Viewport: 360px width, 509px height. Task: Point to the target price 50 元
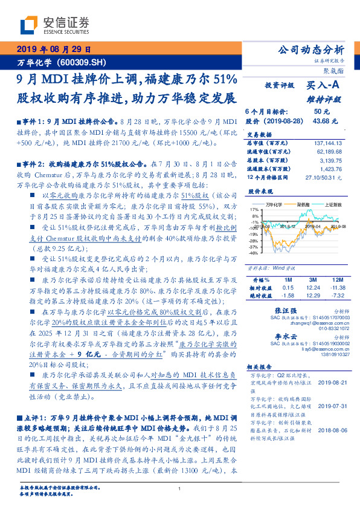(x=321, y=112)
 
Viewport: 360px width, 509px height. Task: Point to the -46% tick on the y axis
(x=254, y=253)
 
